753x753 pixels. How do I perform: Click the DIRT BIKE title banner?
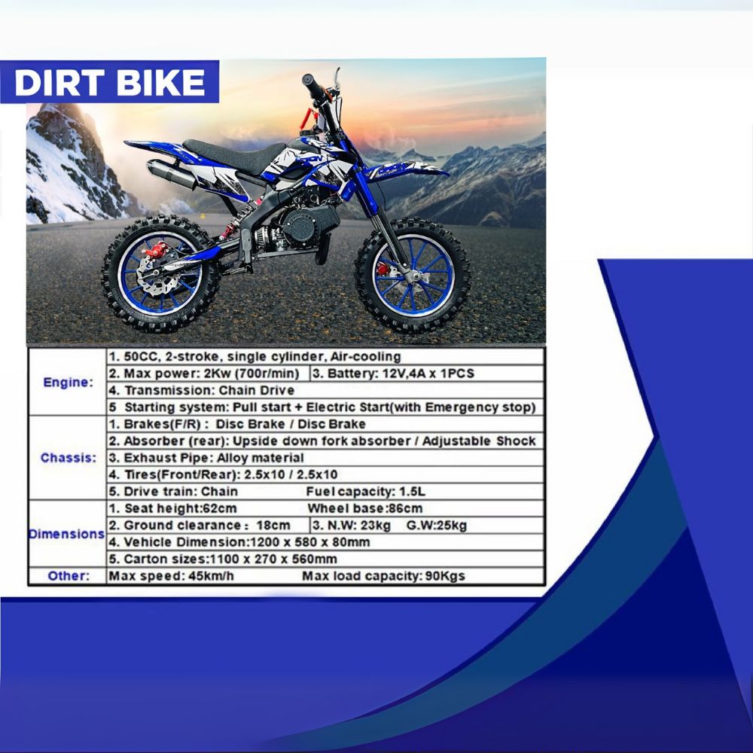109,82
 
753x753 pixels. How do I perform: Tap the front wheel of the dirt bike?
413,275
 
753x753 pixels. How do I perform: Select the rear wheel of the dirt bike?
160,274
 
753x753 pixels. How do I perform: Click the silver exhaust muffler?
172,175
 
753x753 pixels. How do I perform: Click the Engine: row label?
68,382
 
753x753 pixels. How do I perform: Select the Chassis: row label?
68,458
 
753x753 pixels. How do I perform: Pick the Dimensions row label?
66,534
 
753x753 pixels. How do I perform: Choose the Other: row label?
68,576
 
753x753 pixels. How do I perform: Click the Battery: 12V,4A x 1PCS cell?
393,373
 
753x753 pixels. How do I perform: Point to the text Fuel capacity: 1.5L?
367,492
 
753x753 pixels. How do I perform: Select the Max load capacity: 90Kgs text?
383,577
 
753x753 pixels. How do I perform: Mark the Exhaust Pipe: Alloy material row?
206,458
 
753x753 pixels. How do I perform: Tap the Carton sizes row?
223,559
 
